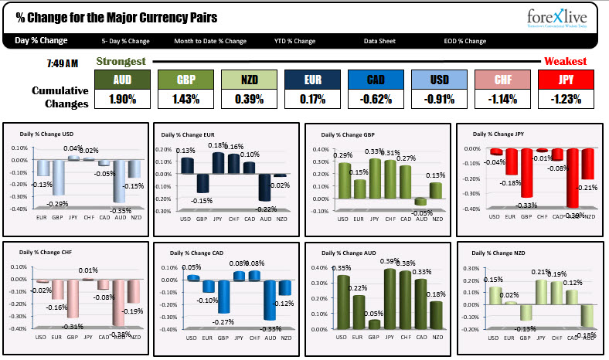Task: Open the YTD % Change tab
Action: [x=294, y=41]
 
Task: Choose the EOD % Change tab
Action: [x=465, y=41]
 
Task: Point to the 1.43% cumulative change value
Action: [x=185, y=99]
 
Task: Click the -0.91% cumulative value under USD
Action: [x=439, y=99]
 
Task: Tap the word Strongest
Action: [x=121, y=61]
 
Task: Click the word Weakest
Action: [x=565, y=61]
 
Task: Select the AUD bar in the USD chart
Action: [x=119, y=181]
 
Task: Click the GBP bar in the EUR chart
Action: [x=202, y=182]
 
